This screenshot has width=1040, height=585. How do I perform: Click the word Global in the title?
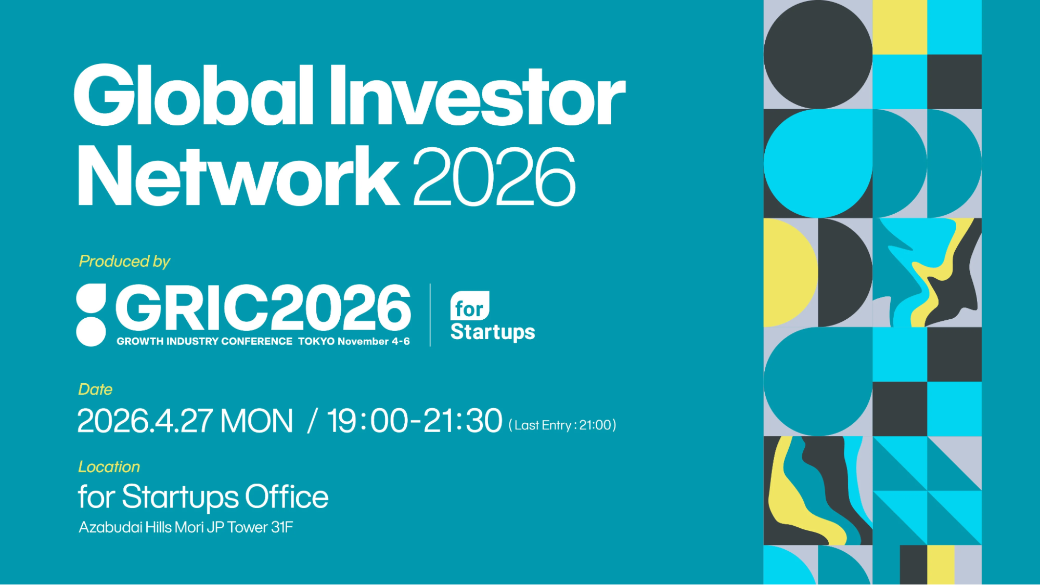pyautogui.click(x=194, y=95)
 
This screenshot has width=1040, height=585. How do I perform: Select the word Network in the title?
pyautogui.click(x=238, y=176)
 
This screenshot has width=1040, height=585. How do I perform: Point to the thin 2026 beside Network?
pyautogui.click(x=494, y=176)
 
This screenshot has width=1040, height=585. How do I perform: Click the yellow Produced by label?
pyautogui.click(x=124, y=261)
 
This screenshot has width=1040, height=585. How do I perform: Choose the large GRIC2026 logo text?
pyautogui.click(x=263, y=308)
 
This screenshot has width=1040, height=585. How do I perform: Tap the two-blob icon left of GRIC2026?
pyautogui.click(x=91, y=315)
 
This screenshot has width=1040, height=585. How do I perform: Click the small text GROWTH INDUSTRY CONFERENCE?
pyautogui.click(x=204, y=342)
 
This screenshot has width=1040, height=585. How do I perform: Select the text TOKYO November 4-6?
pyautogui.click(x=354, y=342)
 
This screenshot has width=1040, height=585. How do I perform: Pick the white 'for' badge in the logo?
pyautogui.click(x=470, y=306)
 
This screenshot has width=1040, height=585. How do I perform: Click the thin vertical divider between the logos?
pyautogui.click(x=430, y=315)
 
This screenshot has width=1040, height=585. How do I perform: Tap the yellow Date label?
pyautogui.click(x=95, y=389)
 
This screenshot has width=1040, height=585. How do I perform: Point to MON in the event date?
pyautogui.click(x=256, y=421)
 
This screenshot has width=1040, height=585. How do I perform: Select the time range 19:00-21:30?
pyautogui.click(x=415, y=421)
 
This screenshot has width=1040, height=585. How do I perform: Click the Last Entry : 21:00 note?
pyautogui.click(x=562, y=425)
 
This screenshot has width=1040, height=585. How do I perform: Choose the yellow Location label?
pyautogui.click(x=109, y=467)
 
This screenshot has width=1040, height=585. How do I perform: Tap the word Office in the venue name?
pyautogui.click(x=287, y=497)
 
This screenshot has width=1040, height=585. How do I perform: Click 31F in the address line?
pyautogui.click(x=282, y=527)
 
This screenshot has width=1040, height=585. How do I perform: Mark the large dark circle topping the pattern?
pyautogui.click(x=818, y=55)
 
